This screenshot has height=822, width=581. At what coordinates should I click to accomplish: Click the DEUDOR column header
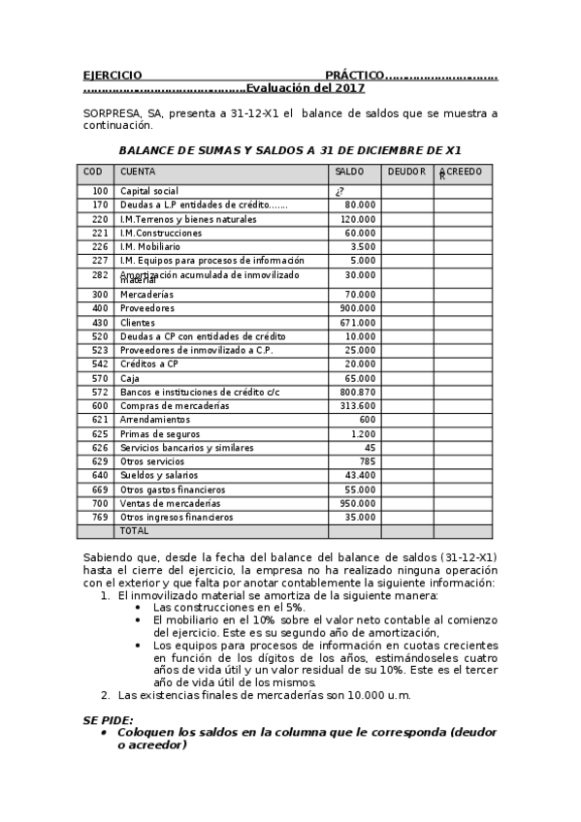pos(405,172)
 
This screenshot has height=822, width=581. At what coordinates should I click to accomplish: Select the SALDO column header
pos(349,172)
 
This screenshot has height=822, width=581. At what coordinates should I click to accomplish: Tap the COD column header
pos(93,172)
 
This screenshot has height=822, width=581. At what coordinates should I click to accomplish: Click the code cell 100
pos(100,191)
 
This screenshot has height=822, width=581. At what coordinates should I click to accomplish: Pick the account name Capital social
pos(148,191)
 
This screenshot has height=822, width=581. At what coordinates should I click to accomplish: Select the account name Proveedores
pos(146,308)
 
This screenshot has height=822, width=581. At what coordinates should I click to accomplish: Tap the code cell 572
pos(100,392)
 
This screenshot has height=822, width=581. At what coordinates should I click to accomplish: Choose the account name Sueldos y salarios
pos(159,475)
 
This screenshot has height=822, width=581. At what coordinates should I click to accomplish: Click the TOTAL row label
pos(134,531)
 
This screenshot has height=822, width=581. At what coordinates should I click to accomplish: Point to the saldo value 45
pos(369,447)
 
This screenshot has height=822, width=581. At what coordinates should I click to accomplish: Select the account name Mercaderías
pos(146,294)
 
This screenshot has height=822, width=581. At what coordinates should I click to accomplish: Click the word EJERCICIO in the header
pos(113,75)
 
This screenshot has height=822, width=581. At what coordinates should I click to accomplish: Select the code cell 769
pos(100,517)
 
